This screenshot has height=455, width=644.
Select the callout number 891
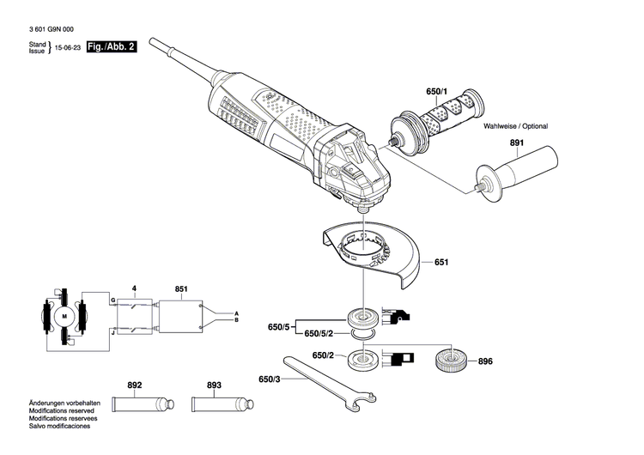516,144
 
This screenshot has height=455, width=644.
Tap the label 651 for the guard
440,262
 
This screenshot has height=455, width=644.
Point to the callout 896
485,361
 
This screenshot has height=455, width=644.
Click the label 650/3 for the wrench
268,379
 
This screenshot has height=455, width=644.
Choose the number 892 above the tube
134,385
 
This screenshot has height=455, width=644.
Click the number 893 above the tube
213,385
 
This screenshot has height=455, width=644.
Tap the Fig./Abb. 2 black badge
112,50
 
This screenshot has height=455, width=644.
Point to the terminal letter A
237,313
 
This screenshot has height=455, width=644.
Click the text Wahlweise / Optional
515,125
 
